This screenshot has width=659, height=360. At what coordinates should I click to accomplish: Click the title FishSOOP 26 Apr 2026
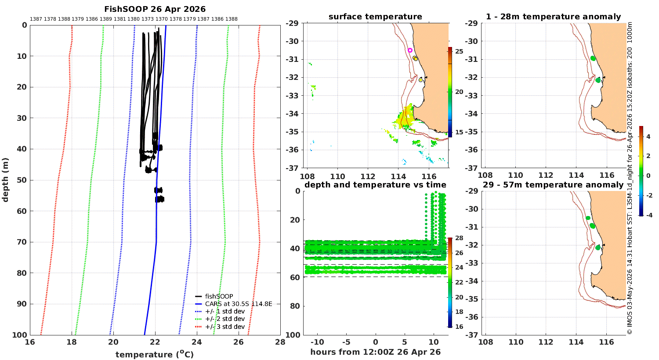[x=155, y=9]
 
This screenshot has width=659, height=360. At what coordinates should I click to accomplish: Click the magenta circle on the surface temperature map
[x=410, y=50]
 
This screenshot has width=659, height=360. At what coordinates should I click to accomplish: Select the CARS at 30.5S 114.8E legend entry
[x=238, y=304]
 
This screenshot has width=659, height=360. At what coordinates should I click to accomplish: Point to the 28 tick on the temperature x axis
[x=280, y=342]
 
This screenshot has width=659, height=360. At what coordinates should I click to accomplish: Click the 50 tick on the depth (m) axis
[x=22, y=180]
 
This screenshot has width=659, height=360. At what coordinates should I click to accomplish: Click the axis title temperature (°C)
[x=155, y=354]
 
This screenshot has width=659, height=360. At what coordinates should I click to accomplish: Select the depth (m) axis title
[x=5, y=180]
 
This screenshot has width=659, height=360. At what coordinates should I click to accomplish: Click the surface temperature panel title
[x=375, y=17]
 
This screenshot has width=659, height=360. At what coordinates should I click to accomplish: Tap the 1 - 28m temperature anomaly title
[x=554, y=17]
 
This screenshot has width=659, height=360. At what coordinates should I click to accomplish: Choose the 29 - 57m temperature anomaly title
[x=553, y=185]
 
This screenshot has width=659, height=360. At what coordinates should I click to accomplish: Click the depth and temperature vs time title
[x=375, y=185]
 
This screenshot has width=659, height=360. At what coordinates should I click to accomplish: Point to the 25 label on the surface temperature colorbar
[x=459, y=51]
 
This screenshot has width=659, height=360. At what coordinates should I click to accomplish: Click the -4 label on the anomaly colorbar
[x=649, y=215]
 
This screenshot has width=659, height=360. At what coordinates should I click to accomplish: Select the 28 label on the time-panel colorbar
[x=459, y=238]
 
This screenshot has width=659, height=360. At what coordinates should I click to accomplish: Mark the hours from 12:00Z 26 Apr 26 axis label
[x=375, y=352]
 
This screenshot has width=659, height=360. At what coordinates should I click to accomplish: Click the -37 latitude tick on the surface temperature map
[x=292, y=168]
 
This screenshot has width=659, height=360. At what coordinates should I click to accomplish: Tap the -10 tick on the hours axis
[x=317, y=342]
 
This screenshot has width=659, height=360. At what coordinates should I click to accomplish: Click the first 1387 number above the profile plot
[x=36, y=19]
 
